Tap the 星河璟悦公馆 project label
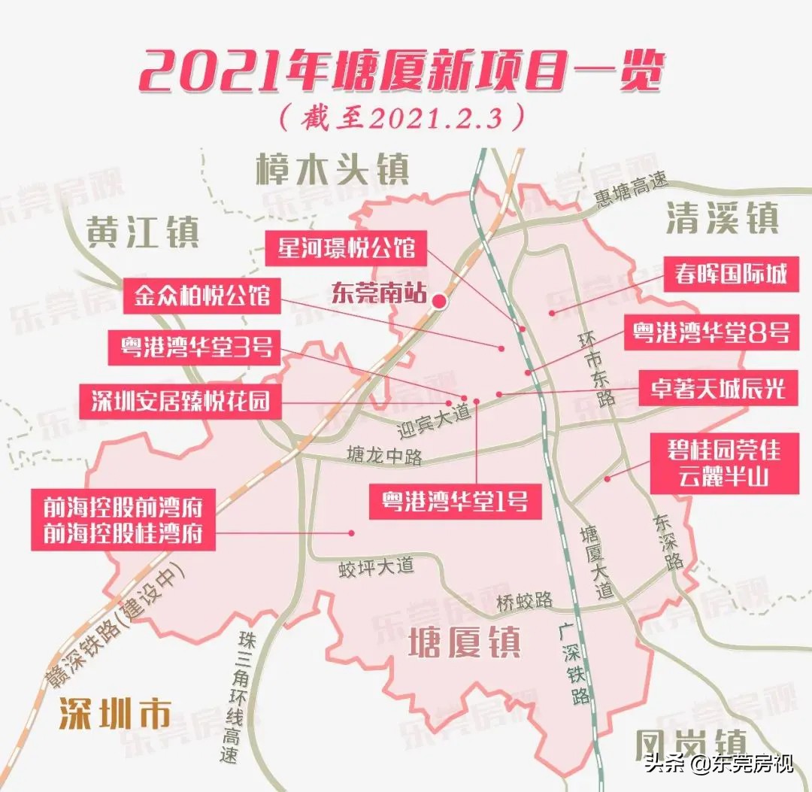tap(347, 247)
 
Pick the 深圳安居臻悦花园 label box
tap(180, 400)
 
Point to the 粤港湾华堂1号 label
tap(455, 499)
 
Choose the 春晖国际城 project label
tap(726, 274)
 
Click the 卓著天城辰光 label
tap(717, 387)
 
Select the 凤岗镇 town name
tap(690, 745)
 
